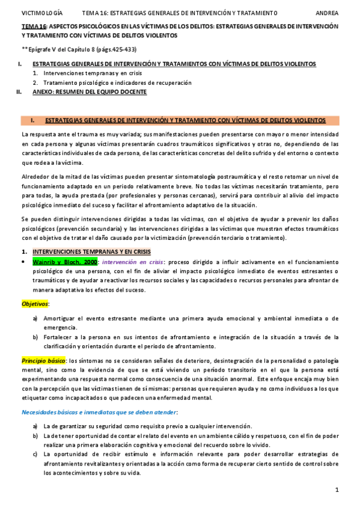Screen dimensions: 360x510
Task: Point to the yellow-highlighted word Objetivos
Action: (x=35, y=304)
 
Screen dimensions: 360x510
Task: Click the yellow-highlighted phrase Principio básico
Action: (x=44, y=359)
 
